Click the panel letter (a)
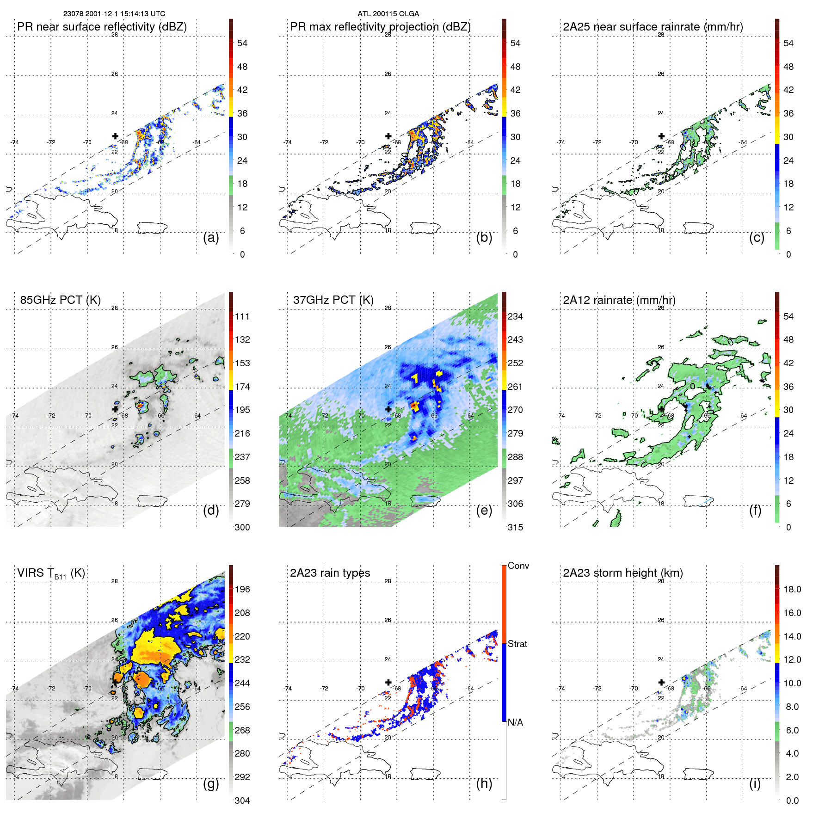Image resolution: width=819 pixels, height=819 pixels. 211,238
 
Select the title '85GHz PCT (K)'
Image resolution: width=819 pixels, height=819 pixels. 60,300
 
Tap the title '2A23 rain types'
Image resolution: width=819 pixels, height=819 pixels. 330,573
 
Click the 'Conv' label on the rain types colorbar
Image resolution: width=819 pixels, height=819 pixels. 518,566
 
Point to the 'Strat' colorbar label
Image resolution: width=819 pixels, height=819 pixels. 517,644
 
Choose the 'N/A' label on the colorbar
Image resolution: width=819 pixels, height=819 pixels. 515,722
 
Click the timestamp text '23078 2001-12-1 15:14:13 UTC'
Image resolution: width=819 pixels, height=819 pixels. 114,14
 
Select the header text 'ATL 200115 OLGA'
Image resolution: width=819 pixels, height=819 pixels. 388,14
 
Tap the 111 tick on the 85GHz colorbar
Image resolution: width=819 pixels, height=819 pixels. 242,317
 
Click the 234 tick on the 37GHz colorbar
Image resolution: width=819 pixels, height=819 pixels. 515,317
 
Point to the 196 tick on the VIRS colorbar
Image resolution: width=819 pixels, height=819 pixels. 242,590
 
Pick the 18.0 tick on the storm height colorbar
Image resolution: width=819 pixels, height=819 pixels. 792,590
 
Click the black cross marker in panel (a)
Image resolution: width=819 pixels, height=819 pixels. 115,136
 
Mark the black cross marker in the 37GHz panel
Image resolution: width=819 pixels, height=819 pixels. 388,409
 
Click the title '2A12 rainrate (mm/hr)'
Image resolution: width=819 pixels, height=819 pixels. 619,300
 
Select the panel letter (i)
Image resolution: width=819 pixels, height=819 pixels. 755,783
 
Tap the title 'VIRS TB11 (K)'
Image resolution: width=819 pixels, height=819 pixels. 51,573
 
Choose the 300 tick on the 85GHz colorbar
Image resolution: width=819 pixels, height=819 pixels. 242,527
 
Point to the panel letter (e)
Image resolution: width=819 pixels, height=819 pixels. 484,511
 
